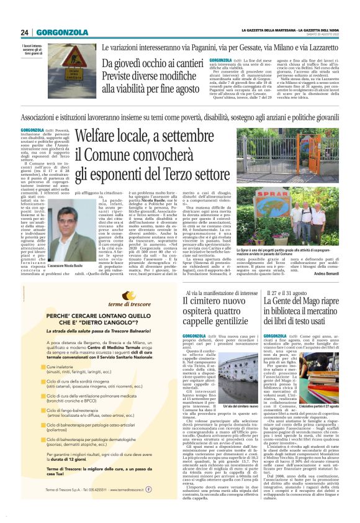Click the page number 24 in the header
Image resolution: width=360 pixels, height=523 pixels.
tap(25, 32)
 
